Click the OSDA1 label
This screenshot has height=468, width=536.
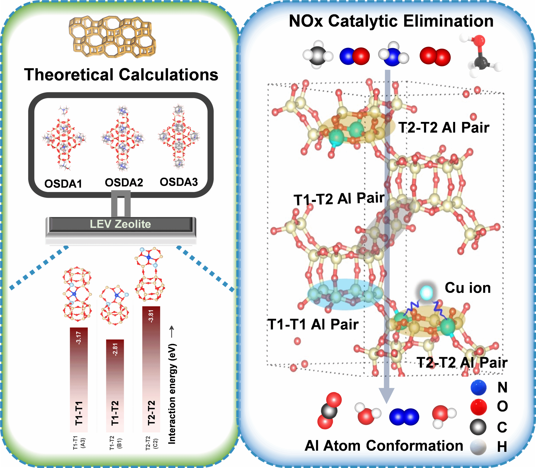[63, 184]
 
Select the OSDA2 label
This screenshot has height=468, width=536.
[124, 182]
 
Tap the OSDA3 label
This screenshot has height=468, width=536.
[179, 182]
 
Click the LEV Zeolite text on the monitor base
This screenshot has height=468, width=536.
[120, 224]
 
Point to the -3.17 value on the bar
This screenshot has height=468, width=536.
[78, 337]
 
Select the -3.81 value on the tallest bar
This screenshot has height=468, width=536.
[151, 316]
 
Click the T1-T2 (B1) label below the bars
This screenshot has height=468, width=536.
[115, 443]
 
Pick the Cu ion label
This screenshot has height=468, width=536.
[468, 288]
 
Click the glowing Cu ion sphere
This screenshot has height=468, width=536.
[426, 292]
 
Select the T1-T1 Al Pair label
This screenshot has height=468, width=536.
[313, 324]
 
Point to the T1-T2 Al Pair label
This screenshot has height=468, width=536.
[339, 199]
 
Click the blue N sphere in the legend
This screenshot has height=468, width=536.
[478, 387]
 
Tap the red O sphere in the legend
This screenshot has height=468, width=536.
[478, 407]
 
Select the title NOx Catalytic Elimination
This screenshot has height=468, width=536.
[391, 21]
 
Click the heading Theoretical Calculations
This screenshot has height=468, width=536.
[121, 75]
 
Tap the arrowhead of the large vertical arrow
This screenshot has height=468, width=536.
[387, 395]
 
